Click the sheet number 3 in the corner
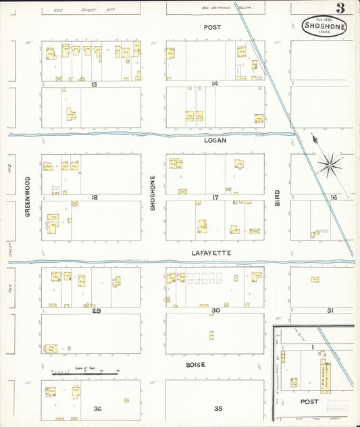pos(340,8)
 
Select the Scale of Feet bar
pos(85,372)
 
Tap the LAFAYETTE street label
pos(213,253)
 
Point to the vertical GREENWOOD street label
pos(28,196)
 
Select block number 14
pos(215,84)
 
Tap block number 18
pos(95,197)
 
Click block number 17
pos(215,197)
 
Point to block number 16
pos(332,197)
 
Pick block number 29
pos(96,310)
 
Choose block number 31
pos(330,310)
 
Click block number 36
pos(97,409)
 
